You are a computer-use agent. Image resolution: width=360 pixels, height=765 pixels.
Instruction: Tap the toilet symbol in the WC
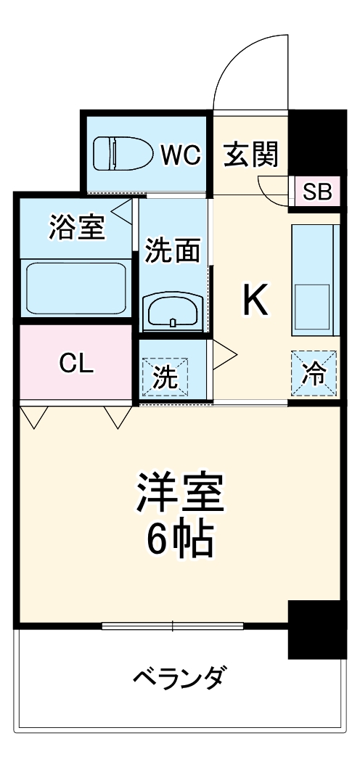[x=120, y=152]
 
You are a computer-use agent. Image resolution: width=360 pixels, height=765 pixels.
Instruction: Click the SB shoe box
[x=316, y=192]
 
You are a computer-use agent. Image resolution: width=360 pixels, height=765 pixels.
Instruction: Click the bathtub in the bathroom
[x=76, y=287]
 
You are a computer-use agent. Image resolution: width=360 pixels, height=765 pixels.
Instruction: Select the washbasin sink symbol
[x=172, y=310]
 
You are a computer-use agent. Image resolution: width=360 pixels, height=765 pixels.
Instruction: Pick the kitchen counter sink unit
[x=315, y=279]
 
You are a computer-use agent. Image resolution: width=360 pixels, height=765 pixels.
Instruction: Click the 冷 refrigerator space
[x=314, y=374]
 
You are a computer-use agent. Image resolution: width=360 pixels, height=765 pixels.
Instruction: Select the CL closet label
[x=76, y=364]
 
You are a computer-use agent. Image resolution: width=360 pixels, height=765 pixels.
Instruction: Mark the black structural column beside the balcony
[x=314, y=628]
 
